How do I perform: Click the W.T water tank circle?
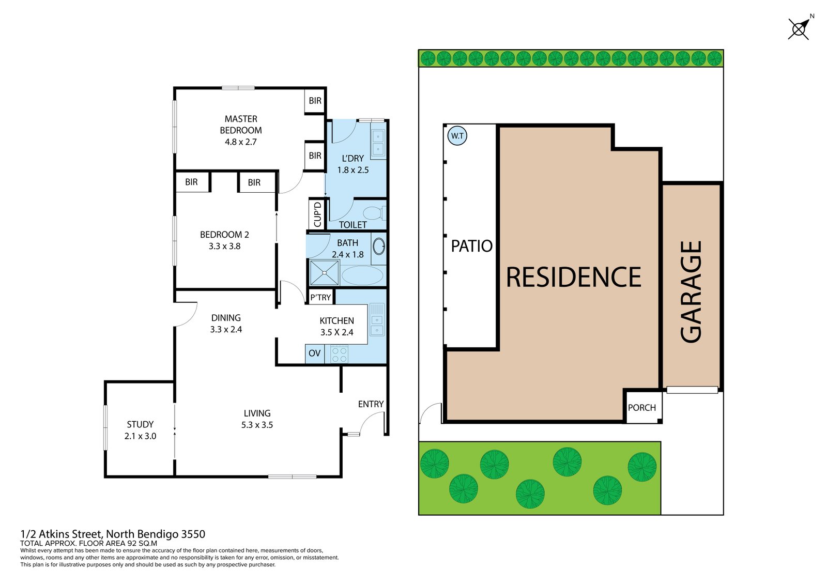point(457,136)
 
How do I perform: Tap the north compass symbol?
point(799,29)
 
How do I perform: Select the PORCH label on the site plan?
point(641,408)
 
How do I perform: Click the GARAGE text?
point(691,292)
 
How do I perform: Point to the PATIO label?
point(471,246)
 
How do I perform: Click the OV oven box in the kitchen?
point(314,353)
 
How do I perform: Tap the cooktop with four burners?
point(340,355)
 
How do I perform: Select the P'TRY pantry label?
point(320,297)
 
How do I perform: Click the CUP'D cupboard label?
point(317,214)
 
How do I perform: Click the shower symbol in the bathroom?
point(324,273)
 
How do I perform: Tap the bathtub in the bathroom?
point(362,275)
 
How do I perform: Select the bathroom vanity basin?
point(379,247)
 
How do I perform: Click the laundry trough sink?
point(378,143)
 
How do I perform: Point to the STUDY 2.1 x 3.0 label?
point(140,430)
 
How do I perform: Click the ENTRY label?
point(371,404)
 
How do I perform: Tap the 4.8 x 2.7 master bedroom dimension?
point(240,142)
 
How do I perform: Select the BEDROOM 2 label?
point(224,235)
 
